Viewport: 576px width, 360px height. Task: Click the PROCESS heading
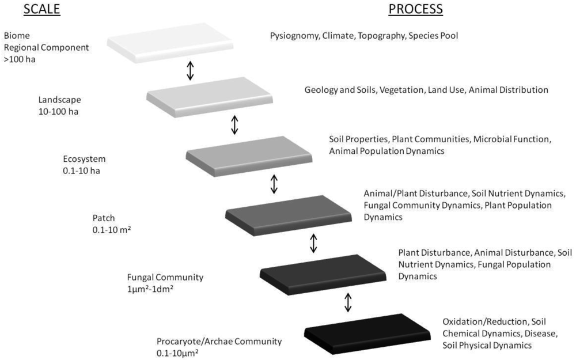click(x=415, y=9)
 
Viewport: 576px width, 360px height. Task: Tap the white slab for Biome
click(x=170, y=42)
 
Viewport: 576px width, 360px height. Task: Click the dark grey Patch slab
click(x=289, y=214)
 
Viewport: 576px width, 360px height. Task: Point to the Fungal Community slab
click(x=323, y=272)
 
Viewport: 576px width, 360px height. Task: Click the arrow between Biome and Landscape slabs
click(x=190, y=70)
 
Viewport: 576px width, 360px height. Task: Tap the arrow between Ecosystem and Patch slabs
click(x=274, y=184)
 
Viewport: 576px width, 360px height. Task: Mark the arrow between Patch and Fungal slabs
click(x=313, y=242)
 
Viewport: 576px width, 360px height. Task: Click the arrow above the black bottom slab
click(x=348, y=302)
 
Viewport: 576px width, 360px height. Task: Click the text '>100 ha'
click(x=20, y=59)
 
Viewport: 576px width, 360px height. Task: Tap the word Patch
click(x=104, y=219)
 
